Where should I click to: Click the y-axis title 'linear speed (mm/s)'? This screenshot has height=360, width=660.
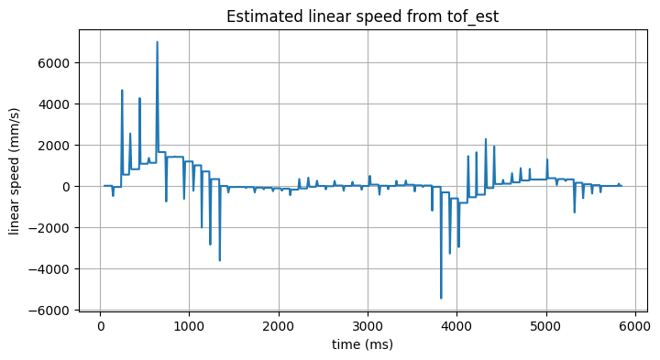coord(16,171)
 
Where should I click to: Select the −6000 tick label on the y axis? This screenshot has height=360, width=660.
coord(54,311)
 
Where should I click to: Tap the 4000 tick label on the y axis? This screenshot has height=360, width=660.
coord(58,104)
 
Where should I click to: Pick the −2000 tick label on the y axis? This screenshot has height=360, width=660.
coord(54,228)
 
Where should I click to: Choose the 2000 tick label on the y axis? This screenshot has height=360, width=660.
coord(58,146)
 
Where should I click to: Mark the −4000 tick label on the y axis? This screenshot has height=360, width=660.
coord(54,269)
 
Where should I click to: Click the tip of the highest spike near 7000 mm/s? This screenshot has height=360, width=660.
coord(157,42)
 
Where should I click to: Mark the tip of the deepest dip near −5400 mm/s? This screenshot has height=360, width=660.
coord(441,298)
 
